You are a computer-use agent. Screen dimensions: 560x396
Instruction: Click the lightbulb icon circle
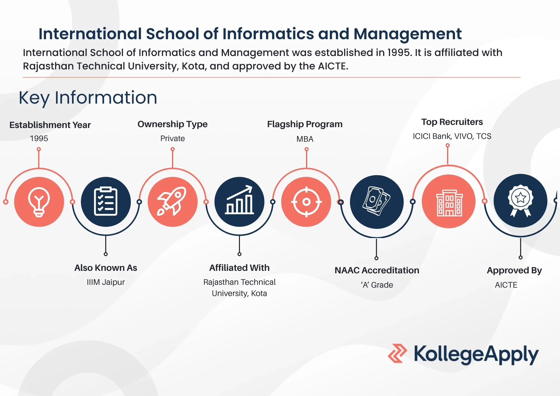tap(39, 202)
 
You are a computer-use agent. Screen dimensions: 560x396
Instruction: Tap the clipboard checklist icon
tap(106, 202)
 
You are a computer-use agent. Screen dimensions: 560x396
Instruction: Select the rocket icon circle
tap(172, 202)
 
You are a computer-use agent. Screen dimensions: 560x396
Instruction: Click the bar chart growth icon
tap(239, 202)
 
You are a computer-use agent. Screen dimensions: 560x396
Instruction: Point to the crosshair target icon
tap(306, 202)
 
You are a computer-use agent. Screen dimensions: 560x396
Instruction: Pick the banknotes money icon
tap(377, 202)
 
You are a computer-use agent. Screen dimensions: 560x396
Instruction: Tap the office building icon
tap(449, 201)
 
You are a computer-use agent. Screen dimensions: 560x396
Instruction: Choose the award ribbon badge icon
tap(521, 201)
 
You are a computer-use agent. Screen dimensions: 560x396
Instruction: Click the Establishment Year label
tap(50, 125)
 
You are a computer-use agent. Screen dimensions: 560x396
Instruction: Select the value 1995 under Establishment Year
tap(39, 138)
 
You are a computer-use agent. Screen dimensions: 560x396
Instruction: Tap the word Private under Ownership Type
tap(172, 138)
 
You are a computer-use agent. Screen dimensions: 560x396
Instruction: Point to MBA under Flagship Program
tap(305, 139)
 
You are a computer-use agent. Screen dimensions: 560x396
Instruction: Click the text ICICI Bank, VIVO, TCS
tap(452, 136)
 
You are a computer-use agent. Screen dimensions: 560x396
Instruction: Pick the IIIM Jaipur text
tap(106, 282)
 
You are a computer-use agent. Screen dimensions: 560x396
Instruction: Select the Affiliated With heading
tap(239, 268)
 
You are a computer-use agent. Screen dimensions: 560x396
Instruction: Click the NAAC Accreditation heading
tap(377, 270)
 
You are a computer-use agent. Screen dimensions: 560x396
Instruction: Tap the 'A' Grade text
tap(377, 285)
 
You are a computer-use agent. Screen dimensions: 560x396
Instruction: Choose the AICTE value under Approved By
tap(506, 285)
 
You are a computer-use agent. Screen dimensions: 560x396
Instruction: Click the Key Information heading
tap(88, 98)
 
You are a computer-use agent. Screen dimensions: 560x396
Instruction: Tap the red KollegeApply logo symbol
tap(397, 353)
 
